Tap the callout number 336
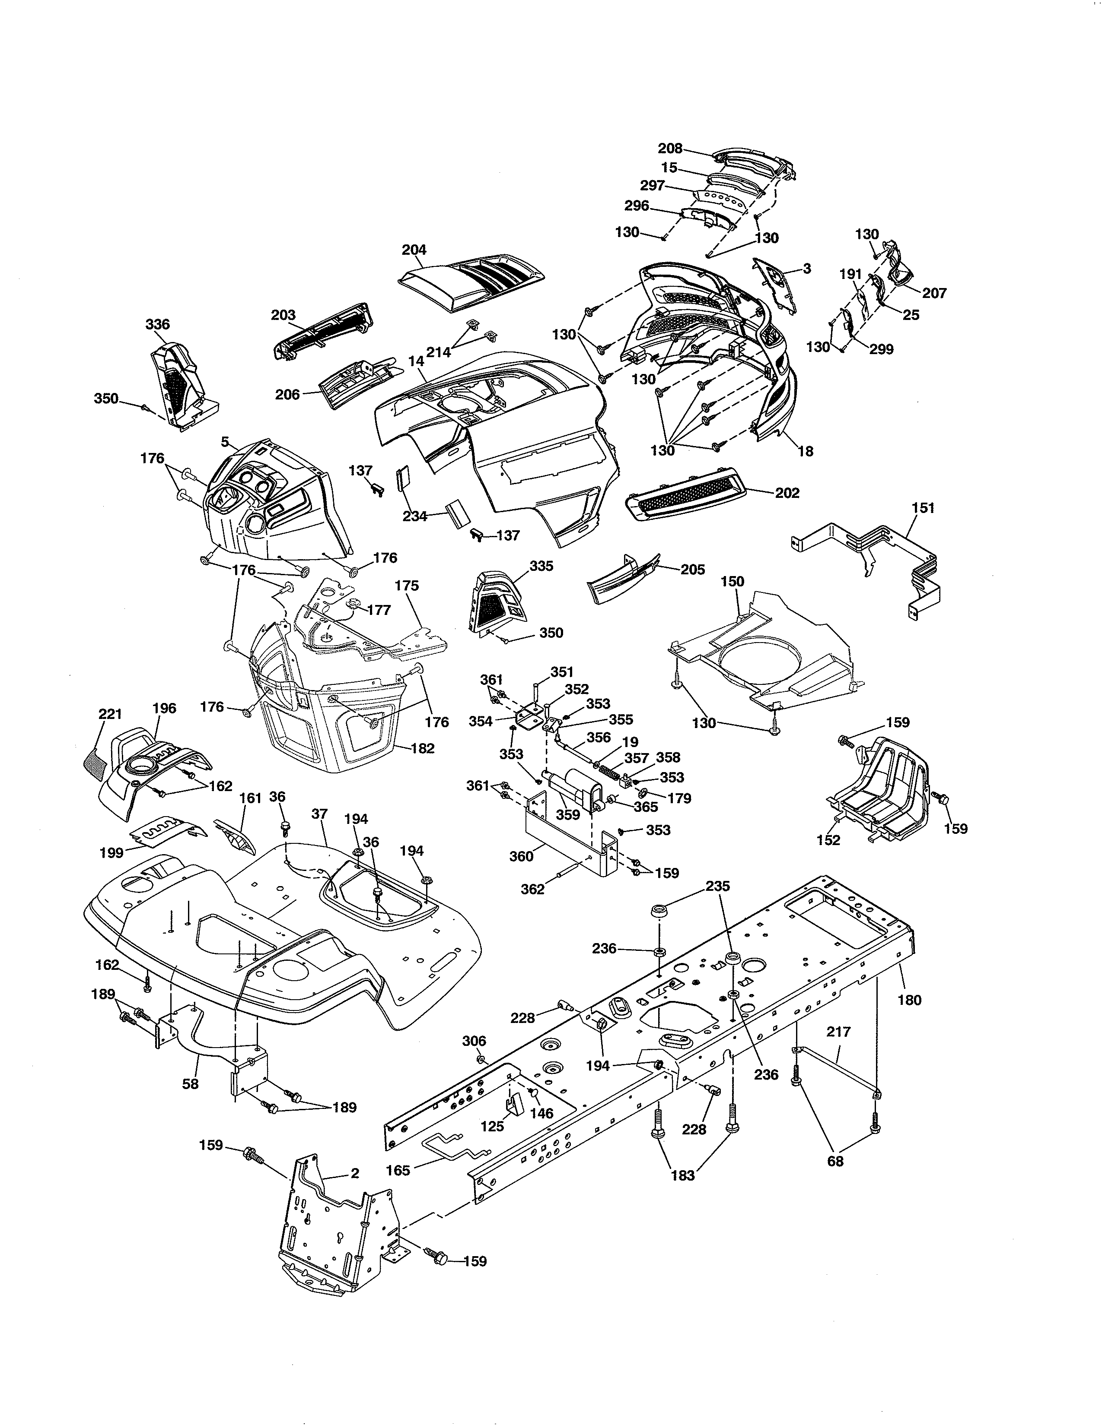pyautogui.click(x=158, y=324)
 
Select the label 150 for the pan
pyautogui.click(x=733, y=581)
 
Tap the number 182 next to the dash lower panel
pyautogui.click(x=423, y=748)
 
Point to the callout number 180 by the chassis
pyautogui.click(x=909, y=1000)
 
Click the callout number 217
pyautogui.click(x=838, y=1032)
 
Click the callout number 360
pyautogui.click(x=521, y=856)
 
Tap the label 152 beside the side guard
pyautogui.click(x=828, y=840)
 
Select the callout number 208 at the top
pyautogui.click(x=670, y=148)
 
